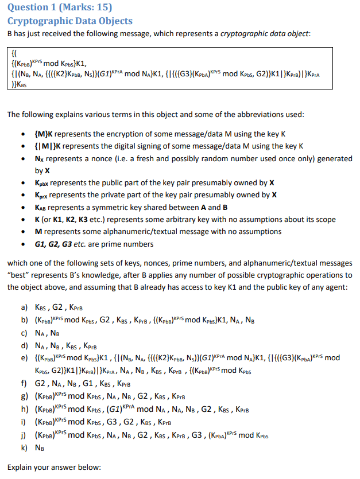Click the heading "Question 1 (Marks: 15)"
tap(51, 7)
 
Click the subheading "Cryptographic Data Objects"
tap(69, 21)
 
